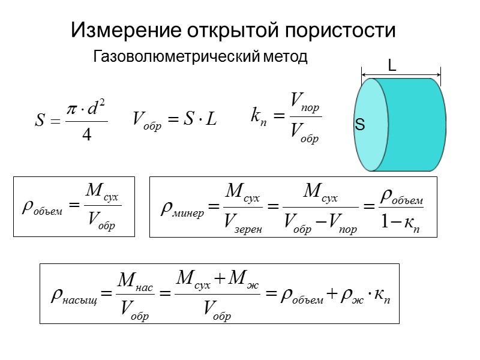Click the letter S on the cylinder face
[360, 125]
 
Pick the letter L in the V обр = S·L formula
[210, 119]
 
